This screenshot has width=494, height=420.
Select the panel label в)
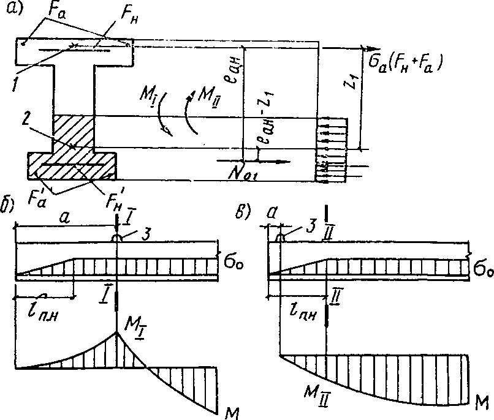point(243,212)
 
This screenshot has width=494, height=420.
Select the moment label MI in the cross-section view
point(148,97)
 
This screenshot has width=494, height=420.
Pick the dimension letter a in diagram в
point(272,212)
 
